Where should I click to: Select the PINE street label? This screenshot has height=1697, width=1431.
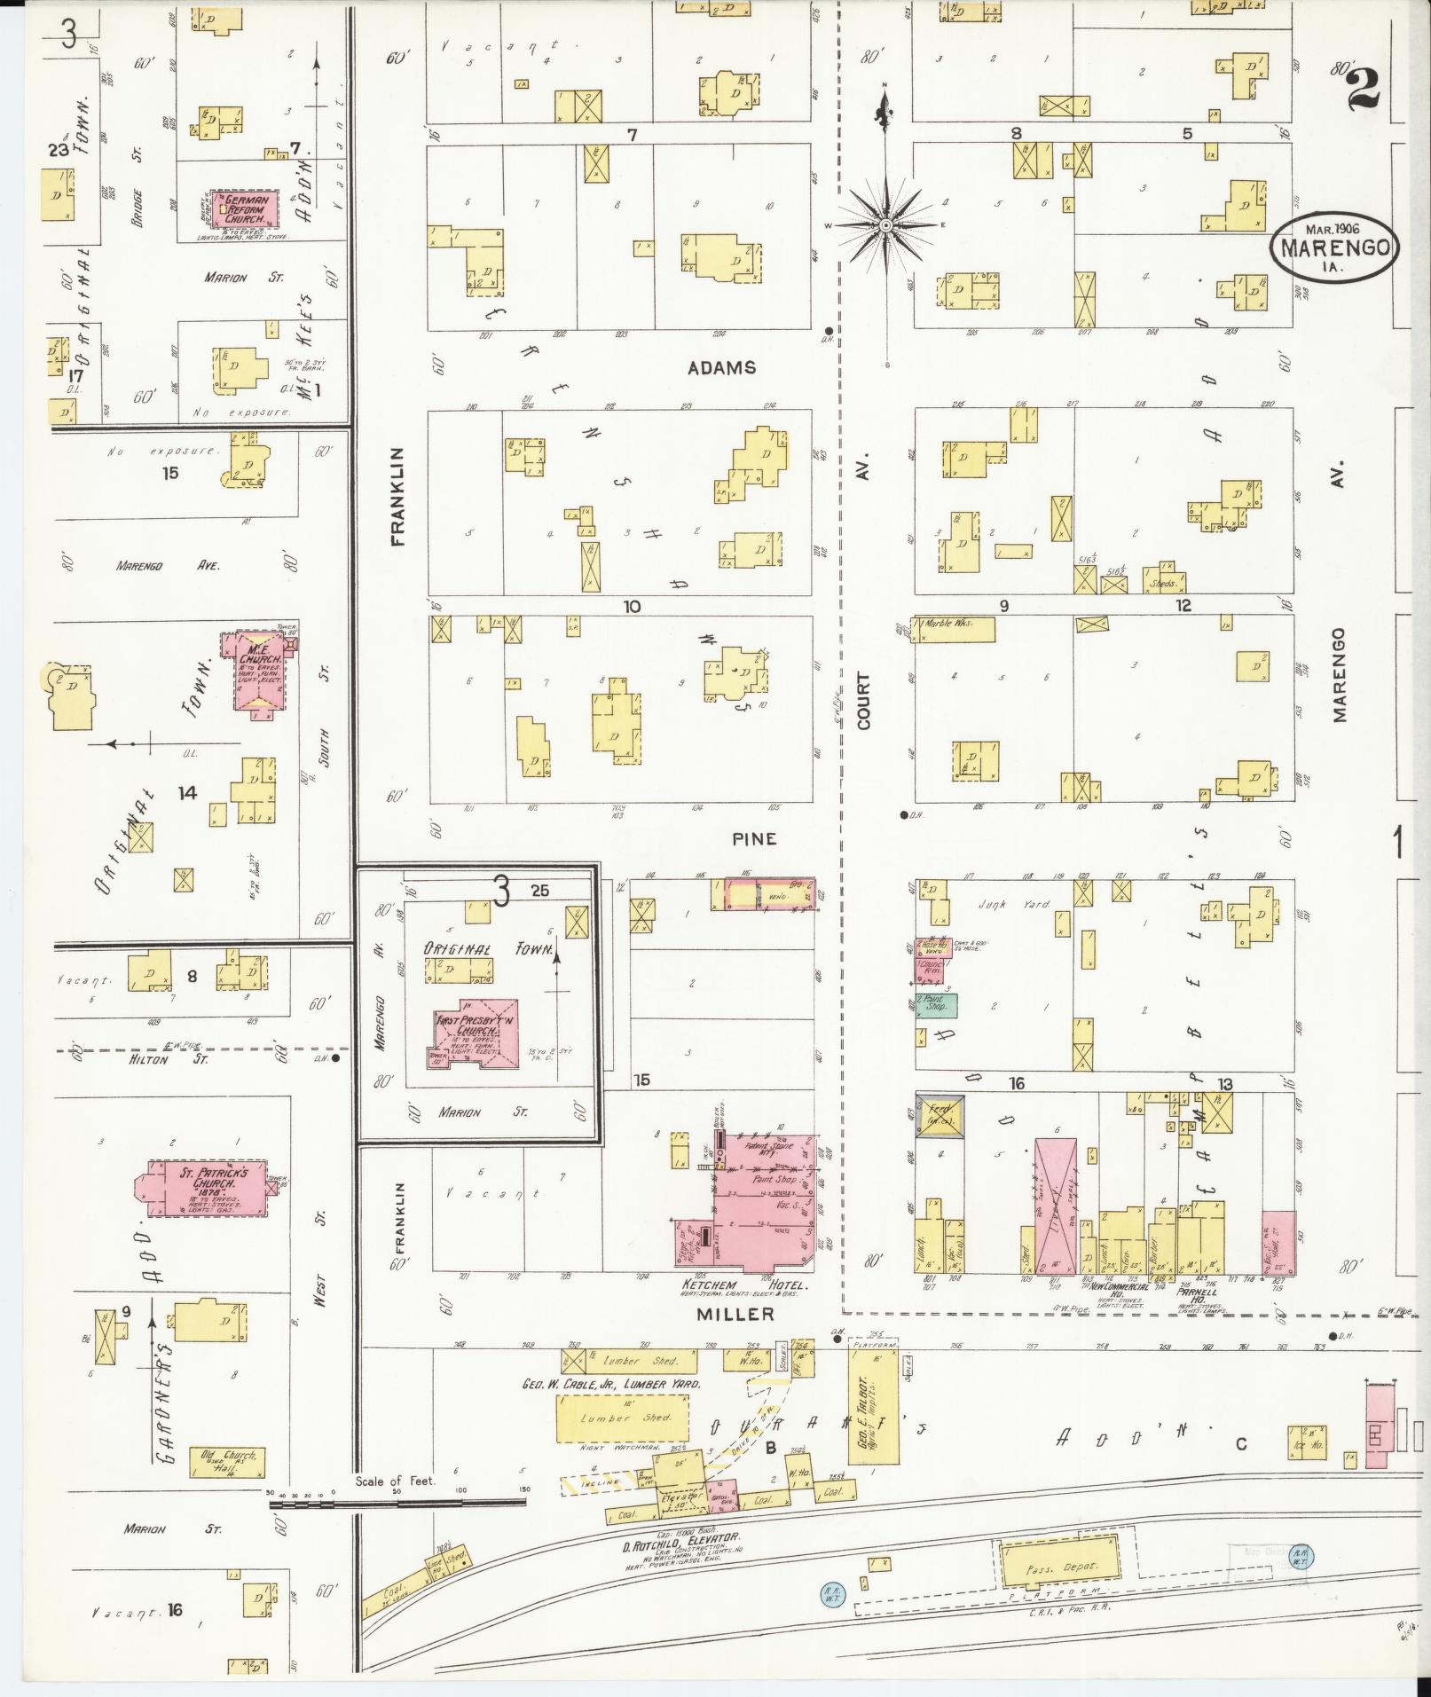click(754, 838)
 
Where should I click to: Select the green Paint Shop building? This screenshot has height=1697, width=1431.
click(936, 1005)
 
